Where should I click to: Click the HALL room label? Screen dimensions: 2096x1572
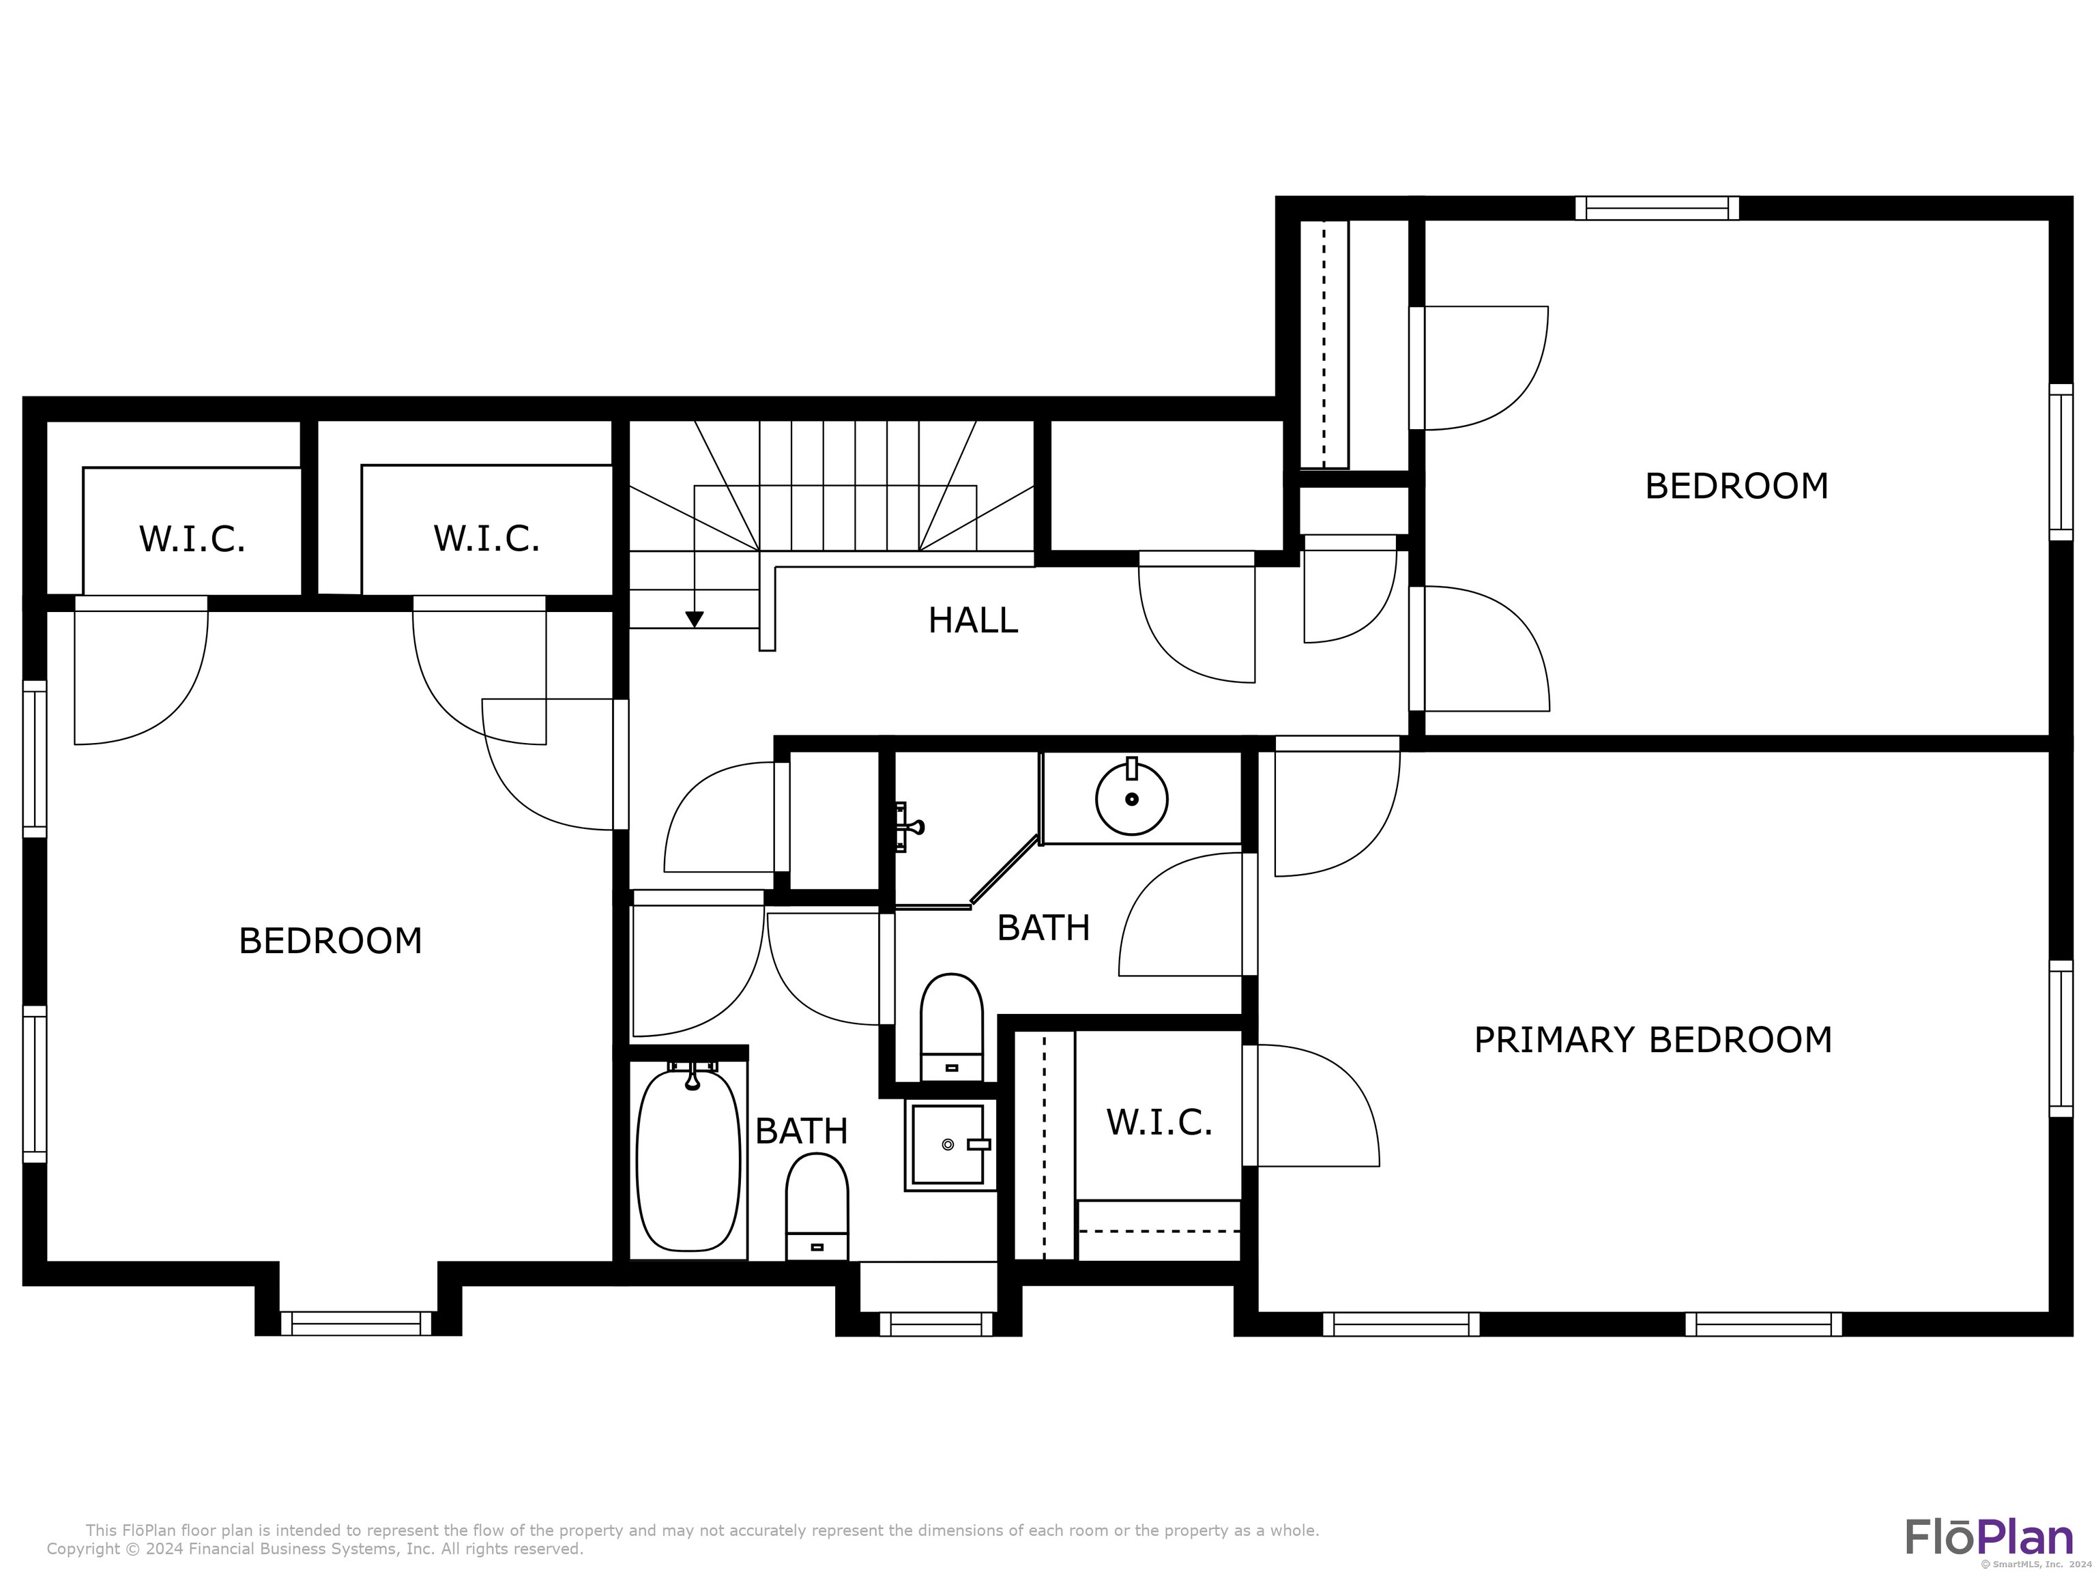click(x=972, y=621)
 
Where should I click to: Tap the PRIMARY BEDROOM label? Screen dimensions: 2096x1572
click(x=1653, y=1040)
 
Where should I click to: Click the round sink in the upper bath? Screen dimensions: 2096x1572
click(x=1131, y=798)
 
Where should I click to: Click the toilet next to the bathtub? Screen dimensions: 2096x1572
click(x=817, y=1206)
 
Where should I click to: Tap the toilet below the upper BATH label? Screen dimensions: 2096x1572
click(x=951, y=1026)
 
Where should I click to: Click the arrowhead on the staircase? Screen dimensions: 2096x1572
click(x=695, y=619)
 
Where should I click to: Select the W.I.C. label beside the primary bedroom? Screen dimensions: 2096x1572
click(x=1159, y=1123)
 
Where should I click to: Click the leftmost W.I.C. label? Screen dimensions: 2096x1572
click(x=192, y=539)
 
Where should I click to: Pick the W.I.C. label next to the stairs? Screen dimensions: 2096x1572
click(x=486, y=538)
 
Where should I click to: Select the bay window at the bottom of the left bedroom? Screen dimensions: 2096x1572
click(x=356, y=1323)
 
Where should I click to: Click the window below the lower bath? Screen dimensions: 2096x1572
click(x=935, y=1324)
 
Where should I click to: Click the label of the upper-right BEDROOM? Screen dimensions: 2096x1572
click(x=1736, y=486)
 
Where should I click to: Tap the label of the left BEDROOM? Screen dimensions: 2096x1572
click(x=330, y=941)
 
